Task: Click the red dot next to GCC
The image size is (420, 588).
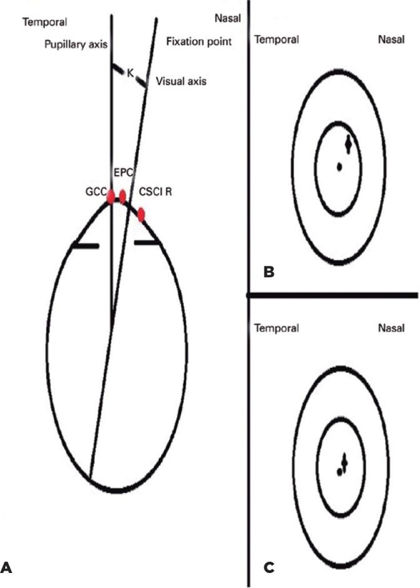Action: (111, 197)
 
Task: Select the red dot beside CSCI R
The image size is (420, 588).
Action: (142, 215)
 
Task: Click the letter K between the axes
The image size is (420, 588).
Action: (130, 74)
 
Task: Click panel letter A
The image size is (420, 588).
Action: (7, 569)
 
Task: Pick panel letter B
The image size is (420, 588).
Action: (269, 271)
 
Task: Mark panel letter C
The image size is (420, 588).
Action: (269, 568)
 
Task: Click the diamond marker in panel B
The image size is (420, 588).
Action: (348, 144)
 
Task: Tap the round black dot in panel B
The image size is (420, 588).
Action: (339, 166)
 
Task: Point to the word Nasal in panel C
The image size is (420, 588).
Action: (391, 327)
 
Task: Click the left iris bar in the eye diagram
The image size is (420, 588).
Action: (85, 246)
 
